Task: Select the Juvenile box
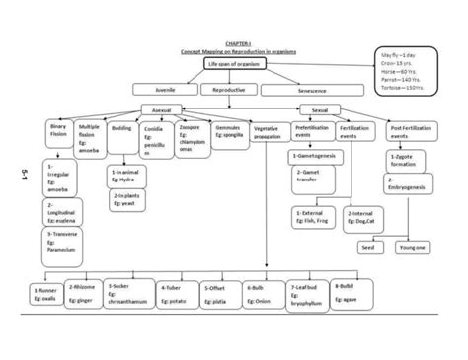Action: pos(164,90)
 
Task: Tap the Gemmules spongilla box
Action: pos(230,133)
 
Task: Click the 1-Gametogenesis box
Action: pos(316,157)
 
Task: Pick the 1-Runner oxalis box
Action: pos(45,294)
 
